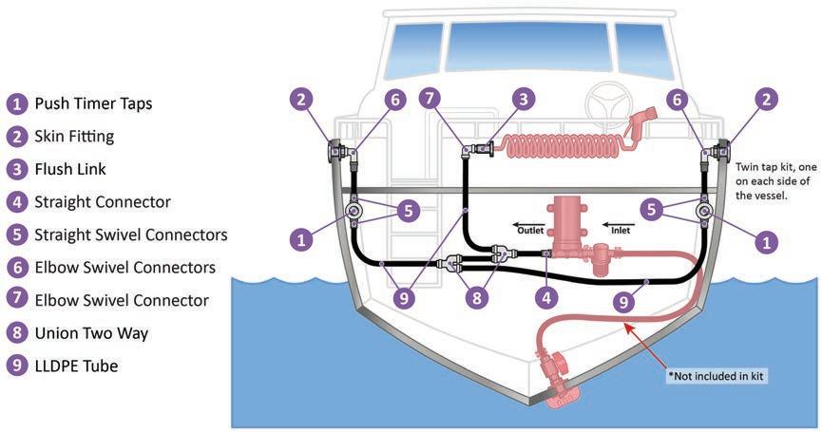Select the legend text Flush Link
point(70,169)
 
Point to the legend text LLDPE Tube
point(76,366)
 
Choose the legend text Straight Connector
point(103,201)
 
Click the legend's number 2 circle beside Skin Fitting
point(16,137)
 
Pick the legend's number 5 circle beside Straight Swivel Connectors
point(16,235)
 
